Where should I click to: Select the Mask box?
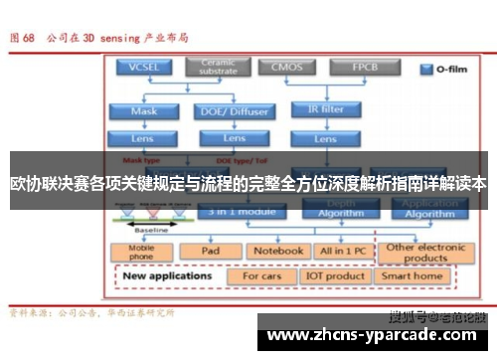(143, 111)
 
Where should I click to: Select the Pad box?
(210, 252)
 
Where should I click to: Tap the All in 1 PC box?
(341, 252)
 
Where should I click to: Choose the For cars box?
(263, 275)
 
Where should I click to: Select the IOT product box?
(334, 275)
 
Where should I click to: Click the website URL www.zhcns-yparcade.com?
(378, 338)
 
